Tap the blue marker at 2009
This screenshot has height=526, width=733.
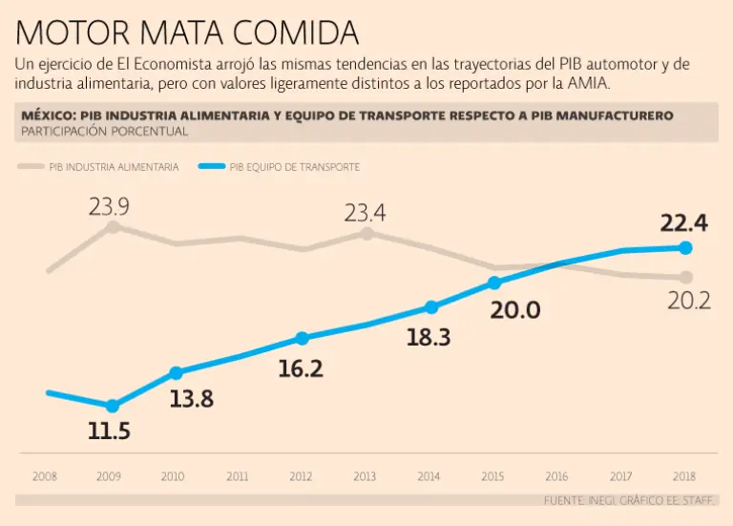113,407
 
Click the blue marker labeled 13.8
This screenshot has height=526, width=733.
176,372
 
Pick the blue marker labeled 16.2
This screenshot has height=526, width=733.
303,338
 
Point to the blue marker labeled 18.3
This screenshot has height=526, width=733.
431,306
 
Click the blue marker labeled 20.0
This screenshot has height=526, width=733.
494,282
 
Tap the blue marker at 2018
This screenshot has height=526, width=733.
685,247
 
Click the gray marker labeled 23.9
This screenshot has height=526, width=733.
113,226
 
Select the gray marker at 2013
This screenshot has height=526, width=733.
366,232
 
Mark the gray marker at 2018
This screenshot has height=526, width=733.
685,277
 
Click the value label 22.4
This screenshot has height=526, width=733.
683,223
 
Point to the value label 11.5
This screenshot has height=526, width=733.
109,431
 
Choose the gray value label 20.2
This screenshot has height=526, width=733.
688,301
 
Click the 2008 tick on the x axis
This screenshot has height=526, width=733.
45,475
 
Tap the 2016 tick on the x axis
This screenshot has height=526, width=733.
556,475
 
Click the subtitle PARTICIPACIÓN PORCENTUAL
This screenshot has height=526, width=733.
104,131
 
